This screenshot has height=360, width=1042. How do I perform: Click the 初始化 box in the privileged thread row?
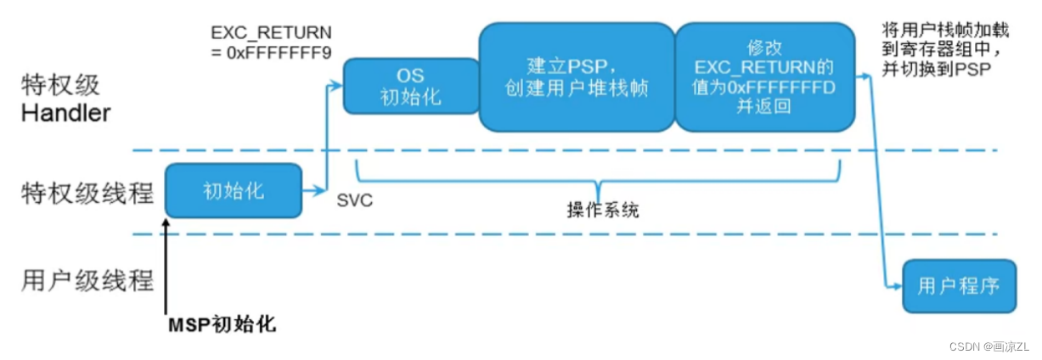pyautogui.click(x=234, y=190)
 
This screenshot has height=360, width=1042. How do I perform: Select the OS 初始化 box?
pyautogui.click(x=411, y=86)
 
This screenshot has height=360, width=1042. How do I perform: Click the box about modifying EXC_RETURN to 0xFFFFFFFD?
pyautogui.click(x=763, y=77)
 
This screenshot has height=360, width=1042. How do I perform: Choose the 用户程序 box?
pyautogui.click(x=959, y=286)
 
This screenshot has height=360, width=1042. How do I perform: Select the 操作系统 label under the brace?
pyautogui.click(x=602, y=210)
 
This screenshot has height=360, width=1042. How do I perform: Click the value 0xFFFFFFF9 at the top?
pyautogui.click(x=271, y=52)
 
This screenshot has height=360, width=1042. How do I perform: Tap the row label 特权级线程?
pyautogui.click(x=87, y=193)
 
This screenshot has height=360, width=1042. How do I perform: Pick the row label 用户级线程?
pyautogui.click(x=87, y=280)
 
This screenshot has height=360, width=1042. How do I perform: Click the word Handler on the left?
pyautogui.click(x=65, y=113)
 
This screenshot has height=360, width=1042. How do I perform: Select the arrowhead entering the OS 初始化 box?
pyautogui.click(x=337, y=86)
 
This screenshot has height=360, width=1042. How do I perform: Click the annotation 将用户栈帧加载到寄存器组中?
pyautogui.click(x=945, y=39)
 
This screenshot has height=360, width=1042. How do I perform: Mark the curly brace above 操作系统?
pyautogui.click(x=600, y=180)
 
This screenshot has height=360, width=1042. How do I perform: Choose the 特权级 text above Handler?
pyautogui.click(x=61, y=86)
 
